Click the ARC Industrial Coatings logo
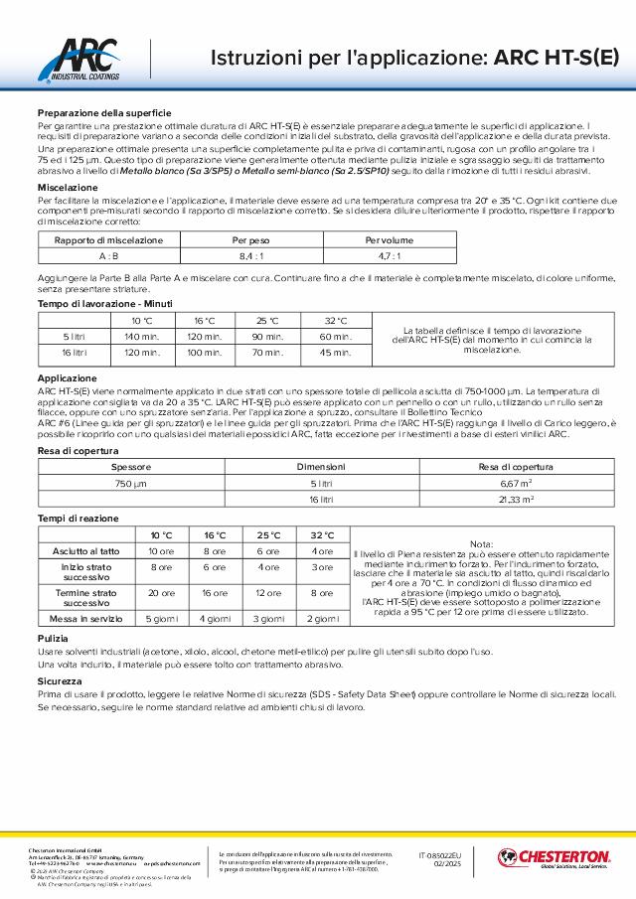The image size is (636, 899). pyautogui.click(x=86, y=60)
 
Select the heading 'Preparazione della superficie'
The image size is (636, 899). pyautogui.click(x=104, y=114)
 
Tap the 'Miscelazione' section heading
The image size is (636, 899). pyautogui.click(x=67, y=187)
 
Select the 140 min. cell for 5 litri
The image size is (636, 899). pyautogui.click(x=142, y=337)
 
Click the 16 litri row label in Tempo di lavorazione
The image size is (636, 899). pyautogui.click(x=74, y=352)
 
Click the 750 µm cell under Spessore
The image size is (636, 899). pyautogui.click(x=131, y=482)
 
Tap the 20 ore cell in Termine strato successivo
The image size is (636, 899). pyautogui.click(x=161, y=593)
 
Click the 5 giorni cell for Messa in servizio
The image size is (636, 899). pyautogui.click(x=162, y=618)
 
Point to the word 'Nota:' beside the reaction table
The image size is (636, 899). pyautogui.click(x=481, y=544)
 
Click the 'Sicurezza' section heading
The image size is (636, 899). pyautogui.click(x=61, y=682)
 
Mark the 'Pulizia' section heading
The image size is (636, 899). pyautogui.click(x=54, y=638)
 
